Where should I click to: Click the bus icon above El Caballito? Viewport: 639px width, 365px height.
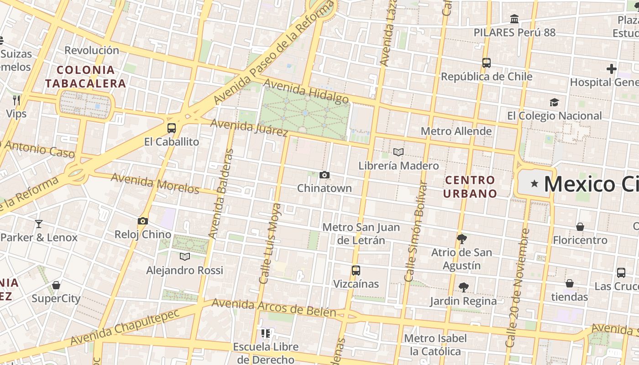click(x=172, y=128)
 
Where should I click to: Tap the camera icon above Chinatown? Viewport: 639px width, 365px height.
click(x=325, y=175)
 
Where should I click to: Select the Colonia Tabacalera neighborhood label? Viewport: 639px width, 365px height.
click(x=85, y=77)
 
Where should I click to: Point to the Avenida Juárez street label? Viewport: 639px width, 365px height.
click(x=249, y=127)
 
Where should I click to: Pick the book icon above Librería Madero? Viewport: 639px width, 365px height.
click(x=398, y=152)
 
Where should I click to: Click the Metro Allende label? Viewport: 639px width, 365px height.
click(x=456, y=131)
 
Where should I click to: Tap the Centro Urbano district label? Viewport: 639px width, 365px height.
click(x=470, y=187)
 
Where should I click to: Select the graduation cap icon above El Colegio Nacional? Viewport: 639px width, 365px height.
click(x=554, y=102)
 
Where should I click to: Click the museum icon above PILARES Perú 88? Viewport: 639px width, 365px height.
click(x=514, y=19)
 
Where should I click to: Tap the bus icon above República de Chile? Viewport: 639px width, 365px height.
click(x=487, y=63)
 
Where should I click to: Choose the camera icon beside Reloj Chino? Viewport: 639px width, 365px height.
click(x=143, y=221)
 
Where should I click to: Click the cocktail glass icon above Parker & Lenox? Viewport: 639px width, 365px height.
click(x=39, y=224)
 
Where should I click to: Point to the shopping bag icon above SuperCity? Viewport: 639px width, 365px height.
click(x=56, y=285)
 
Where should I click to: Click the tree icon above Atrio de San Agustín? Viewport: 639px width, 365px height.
click(x=462, y=239)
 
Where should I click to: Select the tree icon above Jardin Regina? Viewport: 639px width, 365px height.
click(x=463, y=287)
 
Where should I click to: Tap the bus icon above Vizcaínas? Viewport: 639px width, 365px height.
click(x=356, y=270)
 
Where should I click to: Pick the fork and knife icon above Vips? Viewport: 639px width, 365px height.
click(x=16, y=100)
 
